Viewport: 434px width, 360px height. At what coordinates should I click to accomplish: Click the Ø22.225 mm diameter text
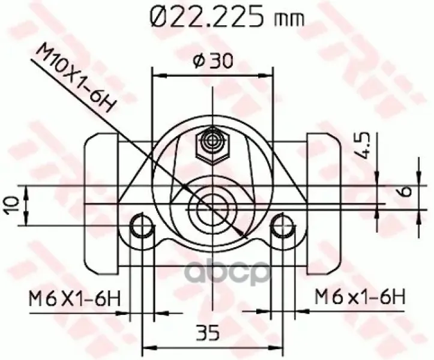[x=227, y=16]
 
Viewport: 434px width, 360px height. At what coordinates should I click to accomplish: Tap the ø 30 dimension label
[x=212, y=61]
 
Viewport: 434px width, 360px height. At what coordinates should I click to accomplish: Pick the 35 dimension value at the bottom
[x=207, y=332]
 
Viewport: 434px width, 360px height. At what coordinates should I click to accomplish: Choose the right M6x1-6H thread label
[x=360, y=296]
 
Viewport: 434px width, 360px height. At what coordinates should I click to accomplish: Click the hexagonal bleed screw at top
[x=212, y=146]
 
